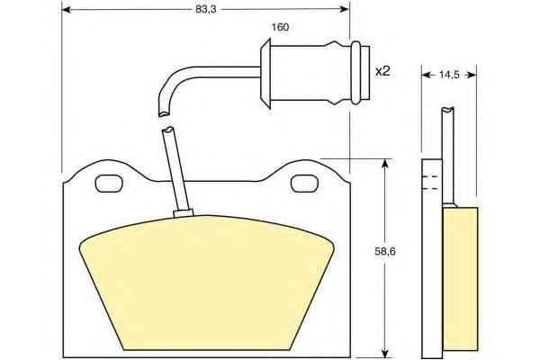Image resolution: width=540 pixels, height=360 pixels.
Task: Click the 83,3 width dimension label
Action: [x=205, y=9]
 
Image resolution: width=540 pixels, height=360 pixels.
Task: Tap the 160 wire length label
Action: [x=280, y=27]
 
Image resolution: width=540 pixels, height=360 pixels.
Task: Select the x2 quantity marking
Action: [x=382, y=71]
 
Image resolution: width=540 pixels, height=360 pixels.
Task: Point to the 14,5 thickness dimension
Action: [x=449, y=75]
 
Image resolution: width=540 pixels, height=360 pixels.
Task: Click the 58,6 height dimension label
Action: [x=385, y=251]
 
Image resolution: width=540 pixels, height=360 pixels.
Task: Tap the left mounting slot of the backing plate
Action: [x=109, y=184]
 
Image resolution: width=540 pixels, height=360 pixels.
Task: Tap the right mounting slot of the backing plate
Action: [x=304, y=184]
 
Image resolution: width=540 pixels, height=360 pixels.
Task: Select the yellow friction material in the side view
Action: [x=460, y=280]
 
